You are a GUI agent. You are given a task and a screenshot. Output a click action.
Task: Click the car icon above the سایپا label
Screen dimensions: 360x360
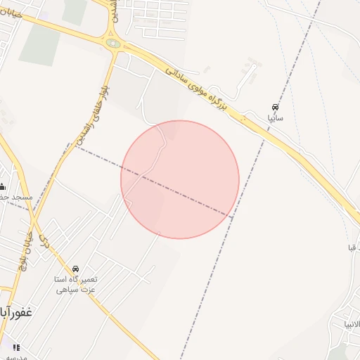click(x=274, y=108)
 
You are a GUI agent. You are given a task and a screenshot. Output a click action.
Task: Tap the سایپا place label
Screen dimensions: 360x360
click(x=275, y=118)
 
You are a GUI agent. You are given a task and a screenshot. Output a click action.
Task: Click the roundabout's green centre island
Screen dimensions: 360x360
click(x=113, y=43)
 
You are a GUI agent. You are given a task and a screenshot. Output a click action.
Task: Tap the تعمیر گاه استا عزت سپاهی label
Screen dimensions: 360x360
click(x=76, y=284)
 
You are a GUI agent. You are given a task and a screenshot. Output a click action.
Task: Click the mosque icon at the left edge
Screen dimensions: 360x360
click(x=2, y=186)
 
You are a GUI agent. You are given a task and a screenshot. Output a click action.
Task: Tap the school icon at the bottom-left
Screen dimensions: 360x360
click(x=15, y=347)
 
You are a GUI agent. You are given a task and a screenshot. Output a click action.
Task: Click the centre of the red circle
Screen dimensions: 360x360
click(x=180, y=179)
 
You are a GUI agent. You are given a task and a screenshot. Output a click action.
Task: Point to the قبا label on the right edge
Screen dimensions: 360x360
click(x=352, y=247)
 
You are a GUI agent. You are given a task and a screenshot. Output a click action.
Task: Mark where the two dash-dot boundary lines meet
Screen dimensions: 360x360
click(x=233, y=217)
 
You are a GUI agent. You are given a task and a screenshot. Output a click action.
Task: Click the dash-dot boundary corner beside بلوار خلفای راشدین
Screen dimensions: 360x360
click(x=69, y=145)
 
